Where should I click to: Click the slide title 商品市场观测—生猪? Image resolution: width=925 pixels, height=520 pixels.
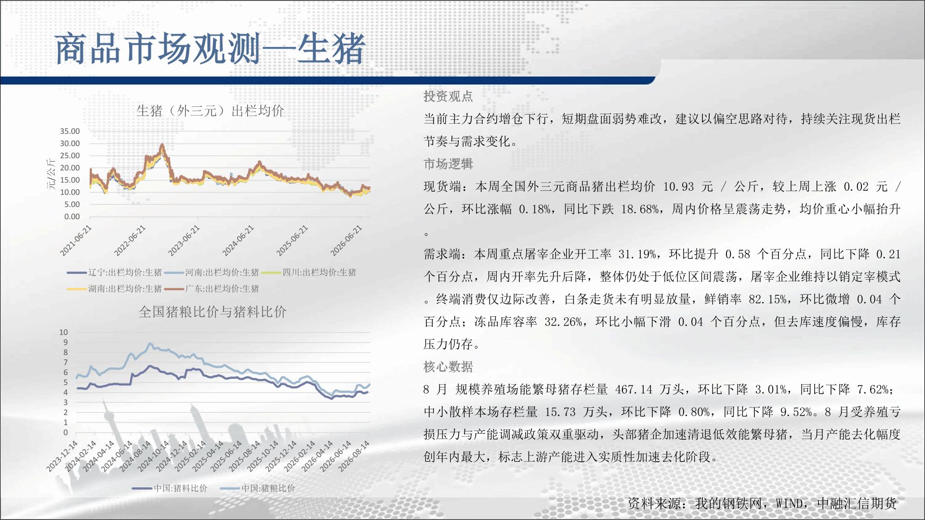tap(211, 49)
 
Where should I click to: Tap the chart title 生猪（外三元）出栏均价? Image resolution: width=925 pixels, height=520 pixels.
tap(210, 111)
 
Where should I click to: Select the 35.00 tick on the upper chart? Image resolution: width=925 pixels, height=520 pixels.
tap(70, 131)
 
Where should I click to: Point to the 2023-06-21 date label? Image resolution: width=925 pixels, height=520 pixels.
tap(184, 241)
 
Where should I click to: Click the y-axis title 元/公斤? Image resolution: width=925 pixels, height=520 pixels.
tap(51, 174)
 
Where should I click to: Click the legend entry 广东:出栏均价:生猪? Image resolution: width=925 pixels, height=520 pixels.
tap(211, 289)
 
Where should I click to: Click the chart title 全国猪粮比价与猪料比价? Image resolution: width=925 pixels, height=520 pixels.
tap(212, 312)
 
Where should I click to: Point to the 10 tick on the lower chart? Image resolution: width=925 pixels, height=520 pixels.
tap(64, 332)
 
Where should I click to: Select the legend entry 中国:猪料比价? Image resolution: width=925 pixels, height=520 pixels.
tap(170, 488)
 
